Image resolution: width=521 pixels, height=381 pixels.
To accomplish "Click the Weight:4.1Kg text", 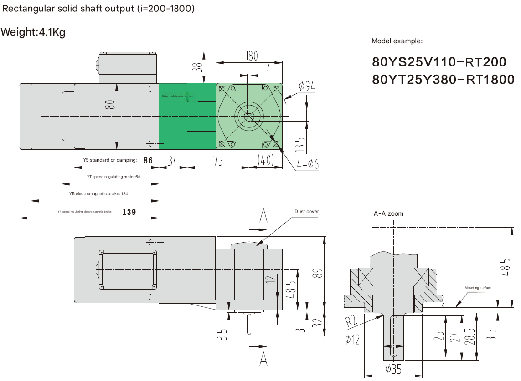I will coord(33,33).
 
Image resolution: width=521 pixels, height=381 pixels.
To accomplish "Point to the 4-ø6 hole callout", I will coord(308,165).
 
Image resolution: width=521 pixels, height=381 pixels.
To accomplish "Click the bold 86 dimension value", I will coord(148,160).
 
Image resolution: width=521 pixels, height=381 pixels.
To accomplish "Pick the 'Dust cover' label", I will coord(307,211).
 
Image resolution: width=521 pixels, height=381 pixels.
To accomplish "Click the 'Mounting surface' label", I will coord(478,288).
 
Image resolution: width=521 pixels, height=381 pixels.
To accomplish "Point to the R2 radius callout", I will coord(350,321).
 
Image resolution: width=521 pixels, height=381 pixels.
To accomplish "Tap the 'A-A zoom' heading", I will coord(388,213).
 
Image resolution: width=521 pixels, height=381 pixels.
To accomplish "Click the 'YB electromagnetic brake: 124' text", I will coord(98,193).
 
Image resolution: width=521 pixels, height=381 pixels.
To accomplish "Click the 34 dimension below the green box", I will coord(173,161).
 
